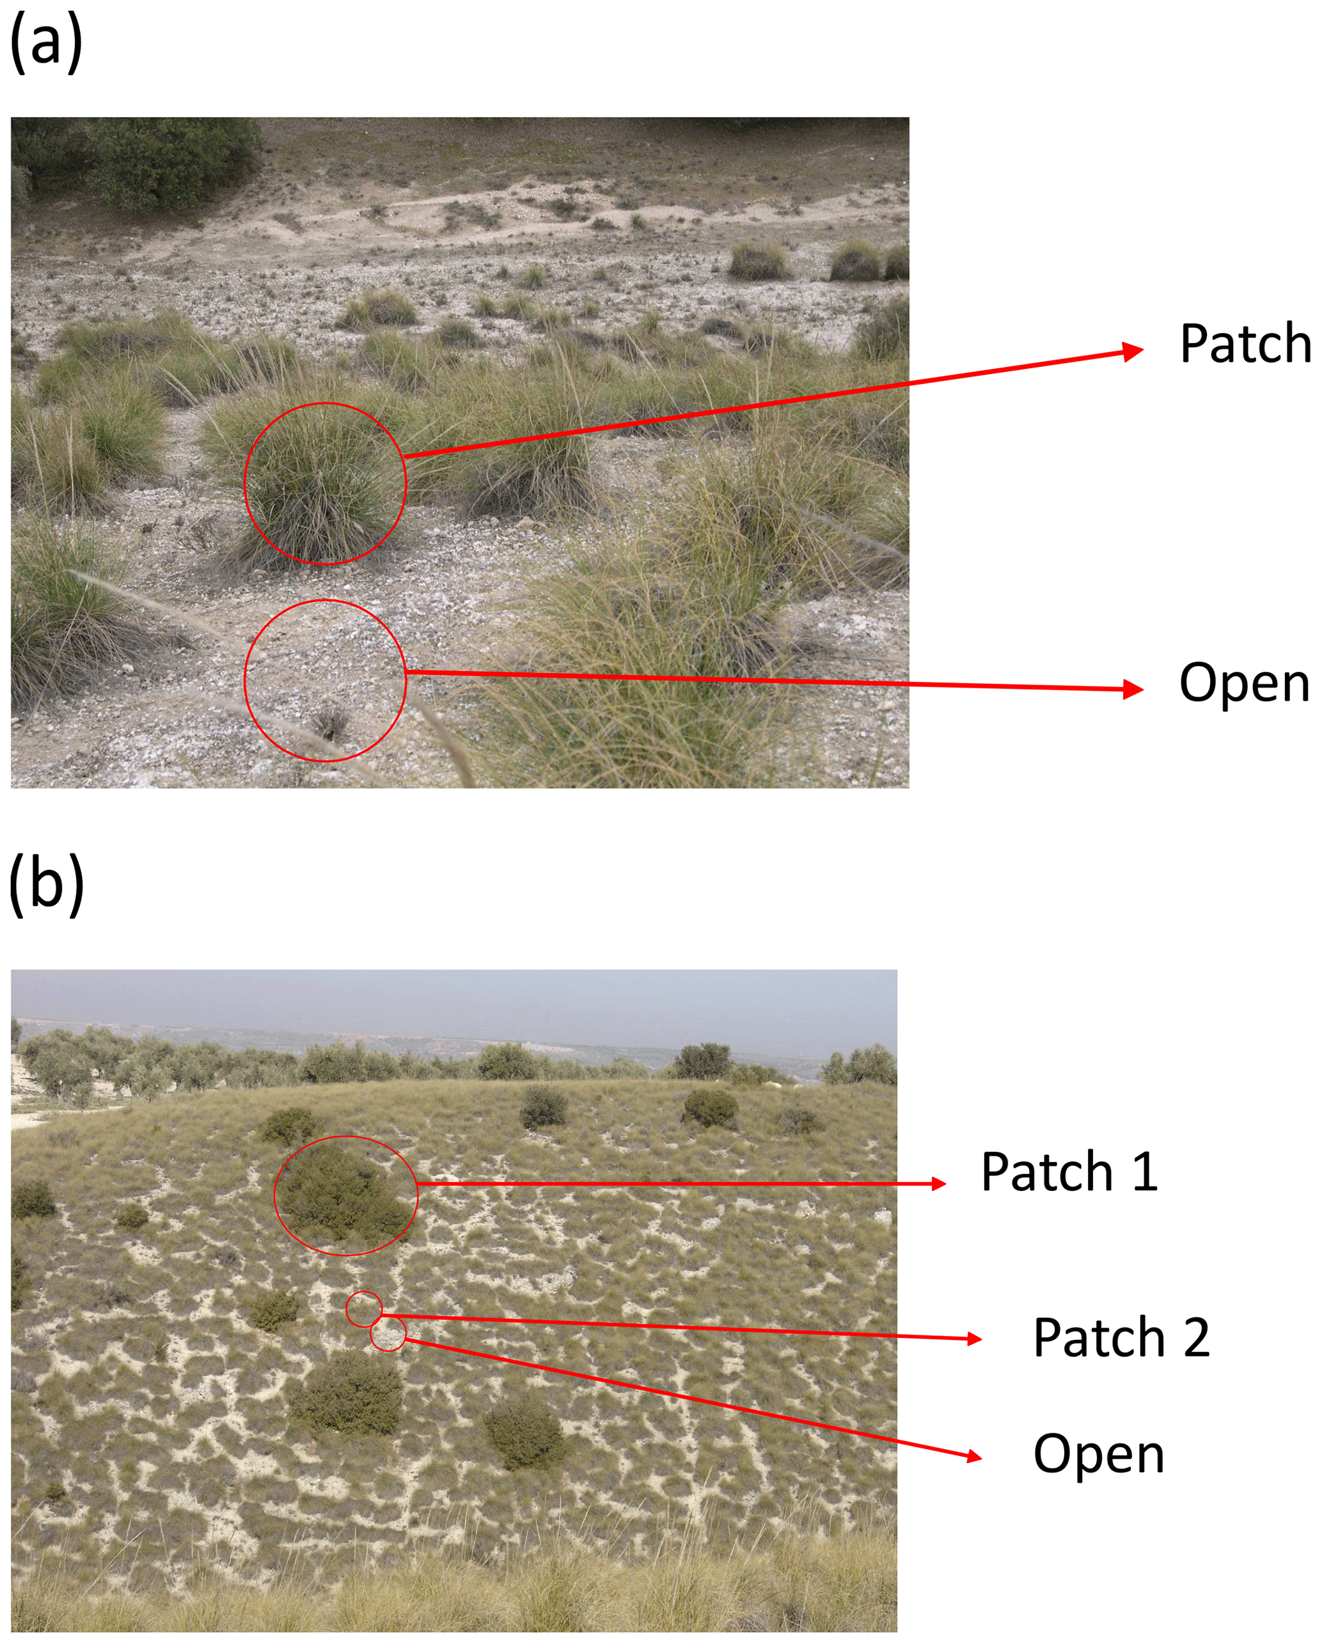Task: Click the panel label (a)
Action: click(46, 44)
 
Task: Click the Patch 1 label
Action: click(1069, 1172)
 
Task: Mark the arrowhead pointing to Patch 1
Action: click(938, 1184)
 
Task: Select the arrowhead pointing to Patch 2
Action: click(973, 1339)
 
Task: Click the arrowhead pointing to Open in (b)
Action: click(973, 1457)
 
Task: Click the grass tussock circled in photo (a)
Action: click(324, 485)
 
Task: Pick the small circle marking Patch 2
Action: click(364, 1308)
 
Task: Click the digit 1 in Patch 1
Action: click(1145, 1172)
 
